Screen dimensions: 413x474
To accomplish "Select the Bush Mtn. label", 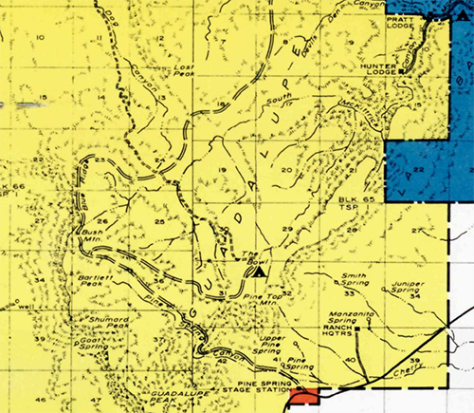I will pyautogui.click(x=91, y=235).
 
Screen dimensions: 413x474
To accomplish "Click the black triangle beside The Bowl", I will pyautogui.click(x=258, y=272).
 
